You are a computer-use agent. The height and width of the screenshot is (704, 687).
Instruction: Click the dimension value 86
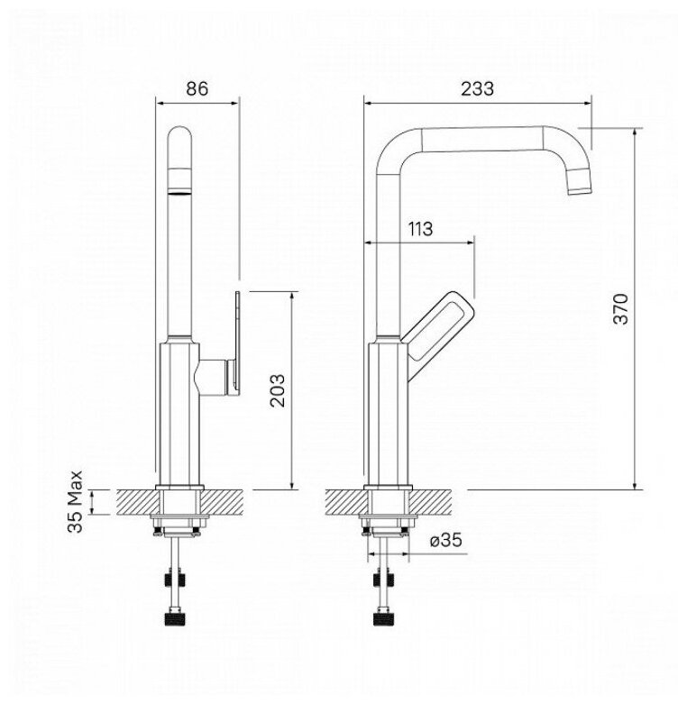[197, 88]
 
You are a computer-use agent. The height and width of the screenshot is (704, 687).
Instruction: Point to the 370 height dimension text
[619, 308]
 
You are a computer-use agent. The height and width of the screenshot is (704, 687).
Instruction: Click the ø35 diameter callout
[446, 541]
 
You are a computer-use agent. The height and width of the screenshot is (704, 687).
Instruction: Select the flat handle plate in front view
[235, 343]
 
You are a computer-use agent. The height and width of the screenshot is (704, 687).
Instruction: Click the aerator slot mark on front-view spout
[180, 192]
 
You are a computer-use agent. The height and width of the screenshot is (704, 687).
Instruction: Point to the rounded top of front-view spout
[181, 135]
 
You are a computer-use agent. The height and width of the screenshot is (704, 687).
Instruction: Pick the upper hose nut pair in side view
[388, 577]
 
